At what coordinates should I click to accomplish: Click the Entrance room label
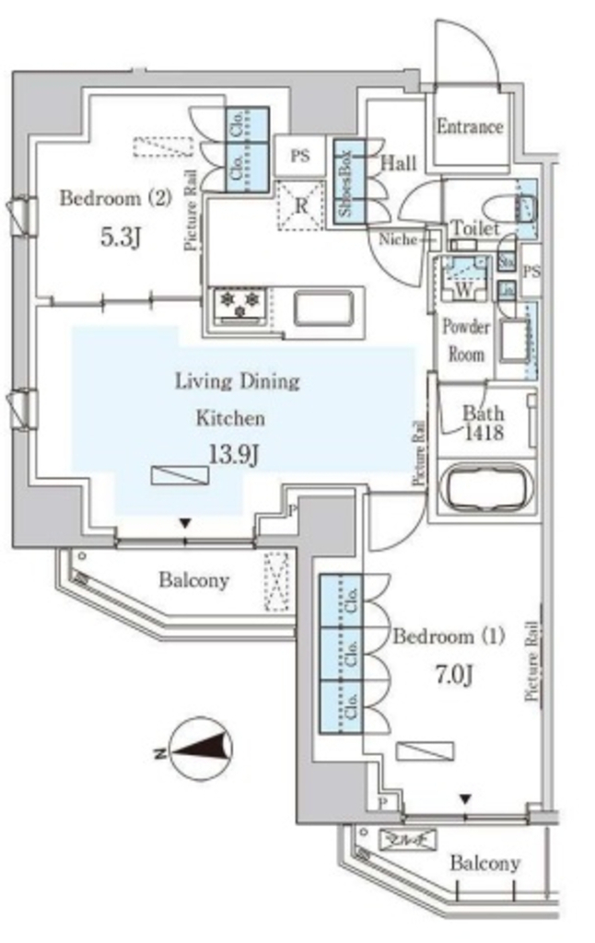tap(470, 127)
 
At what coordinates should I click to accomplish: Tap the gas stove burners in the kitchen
tap(240, 306)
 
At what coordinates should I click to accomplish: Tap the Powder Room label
tap(465, 340)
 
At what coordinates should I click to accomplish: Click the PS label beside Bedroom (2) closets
tap(300, 157)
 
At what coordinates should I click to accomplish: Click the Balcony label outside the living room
tap(193, 580)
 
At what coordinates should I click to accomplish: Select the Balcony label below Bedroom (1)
tap(485, 864)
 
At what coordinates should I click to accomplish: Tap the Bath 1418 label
tap(482, 422)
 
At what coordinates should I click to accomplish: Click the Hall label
tap(398, 164)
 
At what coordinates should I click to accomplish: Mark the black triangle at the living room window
tap(185, 523)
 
